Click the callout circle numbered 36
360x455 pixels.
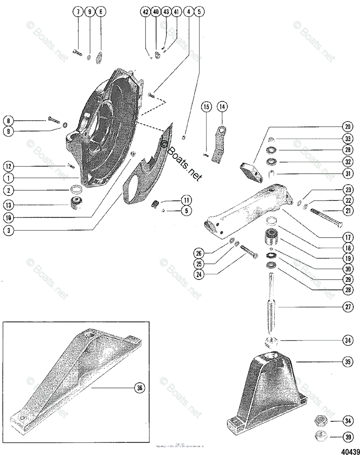click(x=140, y=388)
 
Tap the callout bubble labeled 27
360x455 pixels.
click(x=347, y=306)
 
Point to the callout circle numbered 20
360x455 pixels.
click(x=347, y=127)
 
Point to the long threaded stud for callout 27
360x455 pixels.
click(x=272, y=303)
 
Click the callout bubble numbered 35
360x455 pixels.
click(x=347, y=362)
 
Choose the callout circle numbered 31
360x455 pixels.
click(x=347, y=175)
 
